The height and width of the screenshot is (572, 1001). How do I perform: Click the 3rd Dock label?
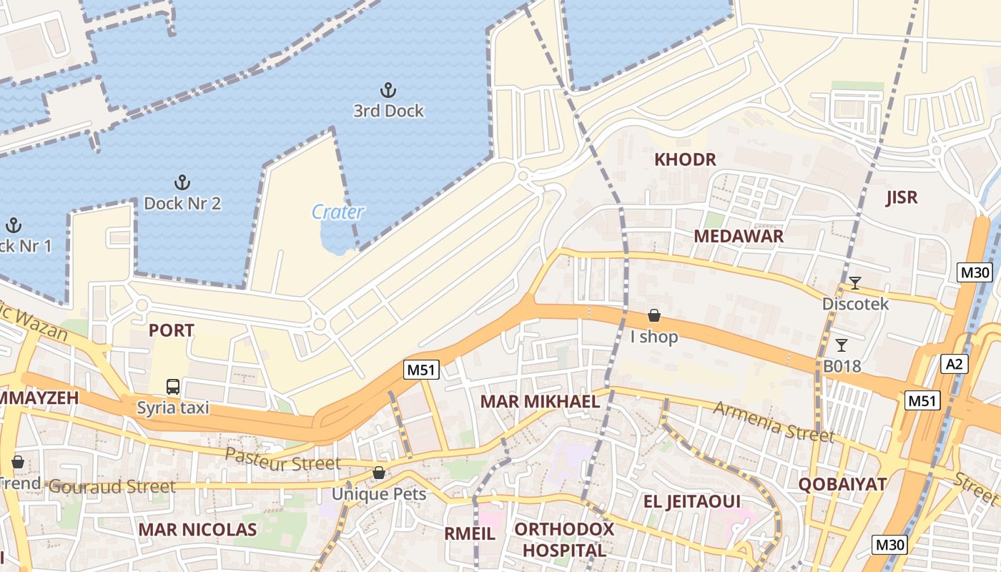(388, 111)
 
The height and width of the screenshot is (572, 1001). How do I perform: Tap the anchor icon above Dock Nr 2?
(182, 182)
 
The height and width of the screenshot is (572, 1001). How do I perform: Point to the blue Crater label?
(338, 212)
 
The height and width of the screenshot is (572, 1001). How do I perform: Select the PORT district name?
(171, 330)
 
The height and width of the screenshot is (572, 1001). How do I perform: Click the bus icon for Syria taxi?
(173, 387)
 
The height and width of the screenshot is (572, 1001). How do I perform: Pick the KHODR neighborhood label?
(685, 159)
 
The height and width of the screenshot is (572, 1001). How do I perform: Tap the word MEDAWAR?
(739, 236)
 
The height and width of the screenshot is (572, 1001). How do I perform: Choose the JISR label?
(901, 198)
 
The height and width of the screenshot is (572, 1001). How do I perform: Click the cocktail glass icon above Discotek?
(854, 283)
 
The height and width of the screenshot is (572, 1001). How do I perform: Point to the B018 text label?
(842, 366)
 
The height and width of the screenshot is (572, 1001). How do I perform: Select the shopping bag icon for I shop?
(654, 315)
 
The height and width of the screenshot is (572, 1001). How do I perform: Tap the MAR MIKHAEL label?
(540, 401)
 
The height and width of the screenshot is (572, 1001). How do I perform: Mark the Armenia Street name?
(774, 422)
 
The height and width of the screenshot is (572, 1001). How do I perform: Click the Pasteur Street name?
(283, 460)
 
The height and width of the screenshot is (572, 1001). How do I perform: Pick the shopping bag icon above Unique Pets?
(378, 473)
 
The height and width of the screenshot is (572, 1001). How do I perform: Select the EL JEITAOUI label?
(692, 501)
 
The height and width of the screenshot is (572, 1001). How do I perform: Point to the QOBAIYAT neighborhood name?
(842, 484)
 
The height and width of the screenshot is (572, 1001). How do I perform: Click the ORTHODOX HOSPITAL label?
(564, 540)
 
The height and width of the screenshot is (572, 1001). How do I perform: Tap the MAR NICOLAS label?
(197, 530)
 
